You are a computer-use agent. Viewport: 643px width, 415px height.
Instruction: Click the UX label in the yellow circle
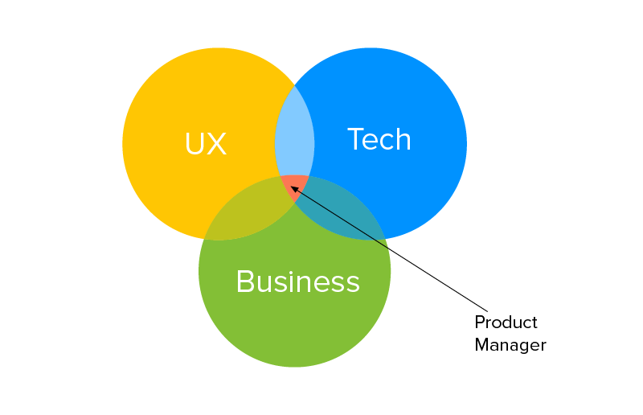click(206, 144)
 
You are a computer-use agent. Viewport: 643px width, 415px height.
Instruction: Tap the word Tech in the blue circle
click(379, 140)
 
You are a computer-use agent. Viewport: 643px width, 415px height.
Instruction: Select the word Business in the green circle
click(297, 281)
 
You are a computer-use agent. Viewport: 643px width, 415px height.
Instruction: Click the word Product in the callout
click(506, 323)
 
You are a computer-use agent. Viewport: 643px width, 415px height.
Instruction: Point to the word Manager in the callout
click(510, 345)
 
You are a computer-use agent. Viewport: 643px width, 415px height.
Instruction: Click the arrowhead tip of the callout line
click(291, 187)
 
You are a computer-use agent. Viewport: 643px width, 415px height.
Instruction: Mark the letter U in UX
click(194, 144)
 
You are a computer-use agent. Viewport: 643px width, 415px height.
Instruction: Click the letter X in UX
click(217, 144)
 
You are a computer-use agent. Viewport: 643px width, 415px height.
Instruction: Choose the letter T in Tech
click(355, 139)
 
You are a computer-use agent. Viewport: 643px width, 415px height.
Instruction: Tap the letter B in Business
click(244, 281)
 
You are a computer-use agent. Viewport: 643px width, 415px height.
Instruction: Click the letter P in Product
click(479, 323)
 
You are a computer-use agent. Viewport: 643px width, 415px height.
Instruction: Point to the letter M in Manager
click(481, 345)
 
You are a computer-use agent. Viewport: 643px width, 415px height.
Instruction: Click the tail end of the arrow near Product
click(487, 310)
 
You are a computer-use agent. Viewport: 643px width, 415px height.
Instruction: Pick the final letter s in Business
click(353, 283)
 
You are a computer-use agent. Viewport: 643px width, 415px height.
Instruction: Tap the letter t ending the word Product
click(534, 323)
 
